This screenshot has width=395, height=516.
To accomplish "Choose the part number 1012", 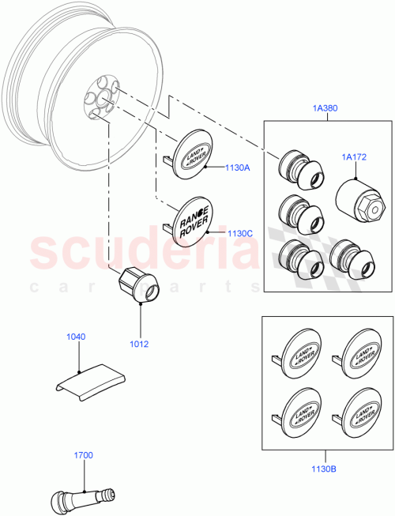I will [x=140, y=344].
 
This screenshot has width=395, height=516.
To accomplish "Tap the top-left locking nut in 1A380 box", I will [x=298, y=169].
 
